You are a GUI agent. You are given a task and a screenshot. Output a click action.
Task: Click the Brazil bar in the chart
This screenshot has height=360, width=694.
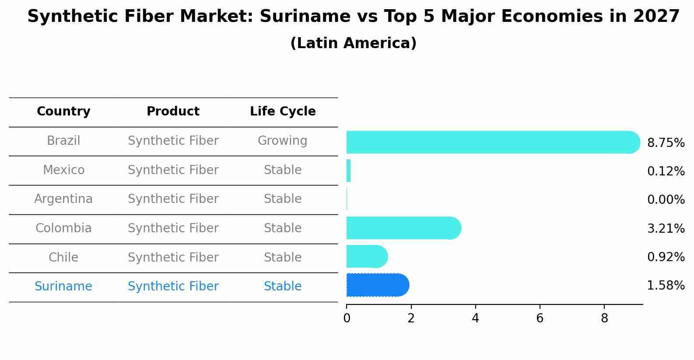click(493, 142)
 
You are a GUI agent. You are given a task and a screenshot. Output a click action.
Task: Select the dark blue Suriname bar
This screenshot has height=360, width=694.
click(378, 285)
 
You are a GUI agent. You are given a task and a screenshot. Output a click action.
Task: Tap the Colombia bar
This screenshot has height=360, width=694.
click(404, 228)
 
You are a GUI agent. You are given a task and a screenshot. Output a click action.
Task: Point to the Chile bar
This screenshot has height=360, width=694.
click(367, 256)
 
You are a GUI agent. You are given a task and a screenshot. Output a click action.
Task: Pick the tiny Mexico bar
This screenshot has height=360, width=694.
click(349, 171)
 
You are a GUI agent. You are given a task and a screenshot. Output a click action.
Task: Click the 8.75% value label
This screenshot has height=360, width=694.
click(666, 143)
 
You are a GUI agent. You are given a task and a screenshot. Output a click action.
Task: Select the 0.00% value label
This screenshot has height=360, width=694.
click(666, 199)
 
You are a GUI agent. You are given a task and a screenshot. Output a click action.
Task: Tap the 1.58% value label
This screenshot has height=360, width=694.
click(666, 285)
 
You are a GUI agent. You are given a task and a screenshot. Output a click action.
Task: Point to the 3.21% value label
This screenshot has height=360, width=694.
click(666, 229)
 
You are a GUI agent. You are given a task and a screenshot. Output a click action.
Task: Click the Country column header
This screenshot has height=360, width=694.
click(63, 111)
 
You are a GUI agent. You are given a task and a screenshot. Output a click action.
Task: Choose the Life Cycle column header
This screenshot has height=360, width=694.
click(283, 111)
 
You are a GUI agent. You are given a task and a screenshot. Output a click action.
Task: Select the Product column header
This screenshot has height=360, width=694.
click(173, 111)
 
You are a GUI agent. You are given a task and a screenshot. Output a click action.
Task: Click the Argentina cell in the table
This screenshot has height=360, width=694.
click(63, 199)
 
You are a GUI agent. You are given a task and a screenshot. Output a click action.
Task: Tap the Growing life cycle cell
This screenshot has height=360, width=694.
click(283, 141)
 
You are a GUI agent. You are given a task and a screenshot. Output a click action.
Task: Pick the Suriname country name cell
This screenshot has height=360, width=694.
click(63, 286)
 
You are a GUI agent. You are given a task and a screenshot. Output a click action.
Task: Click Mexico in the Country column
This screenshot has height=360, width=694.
click(63, 170)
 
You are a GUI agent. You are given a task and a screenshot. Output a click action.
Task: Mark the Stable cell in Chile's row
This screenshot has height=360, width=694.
click(283, 257)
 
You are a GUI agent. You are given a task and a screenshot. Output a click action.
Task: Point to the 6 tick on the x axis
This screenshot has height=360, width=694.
click(540, 318)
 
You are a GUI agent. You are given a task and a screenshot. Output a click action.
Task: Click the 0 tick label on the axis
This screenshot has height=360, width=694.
click(347, 318)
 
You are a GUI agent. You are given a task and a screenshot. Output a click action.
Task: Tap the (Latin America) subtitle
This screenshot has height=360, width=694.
click(354, 43)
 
